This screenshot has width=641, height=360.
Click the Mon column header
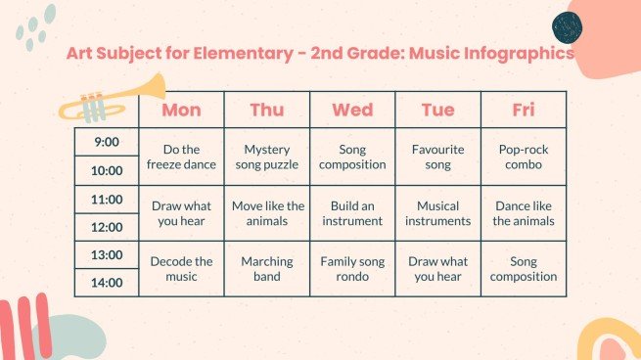pyautogui.click(x=181, y=110)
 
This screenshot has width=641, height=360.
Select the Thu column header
pyautogui.click(x=267, y=110)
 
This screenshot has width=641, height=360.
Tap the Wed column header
pyautogui.click(x=352, y=110)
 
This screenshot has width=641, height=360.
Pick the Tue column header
pyautogui.click(x=437, y=110)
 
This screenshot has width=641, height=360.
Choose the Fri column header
pyautogui.click(x=524, y=110)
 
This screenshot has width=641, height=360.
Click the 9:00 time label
pyautogui.click(x=107, y=142)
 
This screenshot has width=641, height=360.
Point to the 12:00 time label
pyautogui.click(x=107, y=227)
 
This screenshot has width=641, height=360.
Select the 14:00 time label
pyautogui.click(x=107, y=283)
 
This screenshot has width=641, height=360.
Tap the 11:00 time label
pyautogui.click(x=107, y=200)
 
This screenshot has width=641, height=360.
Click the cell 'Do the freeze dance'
pyautogui.click(x=181, y=157)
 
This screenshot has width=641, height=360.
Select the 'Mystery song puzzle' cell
pyautogui.click(x=267, y=157)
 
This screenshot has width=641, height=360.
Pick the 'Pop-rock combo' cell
pyautogui.click(x=524, y=157)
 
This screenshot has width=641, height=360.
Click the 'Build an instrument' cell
pyautogui.click(x=352, y=213)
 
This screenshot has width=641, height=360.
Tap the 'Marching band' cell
pyautogui.click(x=267, y=269)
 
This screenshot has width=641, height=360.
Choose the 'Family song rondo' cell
pyautogui.click(x=352, y=269)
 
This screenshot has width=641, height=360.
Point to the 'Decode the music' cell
pyautogui.click(x=181, y=269)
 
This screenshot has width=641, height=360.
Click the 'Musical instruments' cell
pyautogui.click(x=437, y=213)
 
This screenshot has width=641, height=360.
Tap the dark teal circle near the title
pyautogui.click(x=568, y=25)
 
